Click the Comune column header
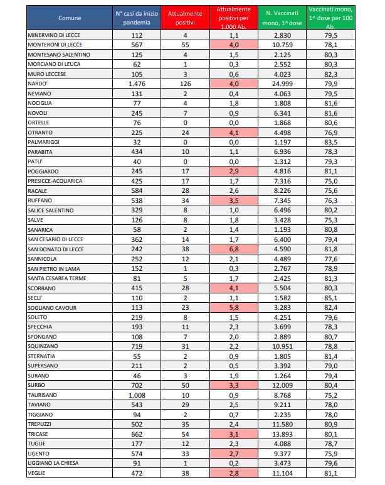tap(69, 18)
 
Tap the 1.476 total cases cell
tap(136, 83)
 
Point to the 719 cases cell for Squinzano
tap(136, 346)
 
